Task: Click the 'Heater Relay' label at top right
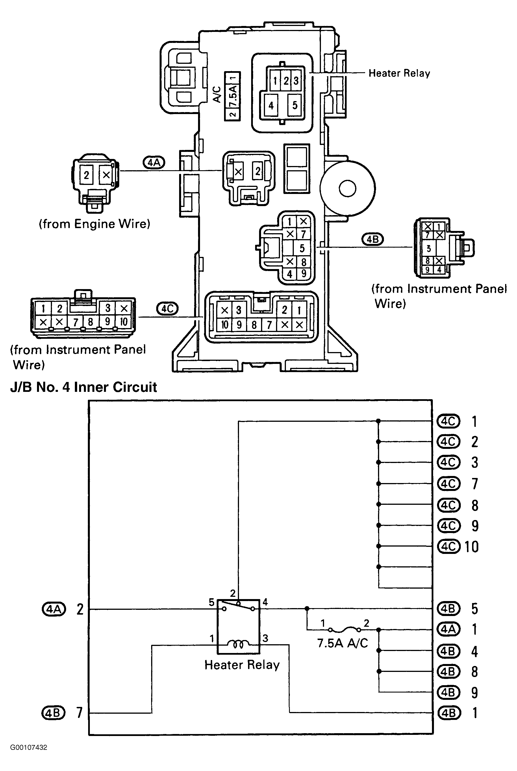(x=399, y=73)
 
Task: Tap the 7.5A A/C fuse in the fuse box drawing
(x=233, y=96)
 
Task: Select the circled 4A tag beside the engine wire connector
(x=154, y=162)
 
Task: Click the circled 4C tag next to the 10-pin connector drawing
(x=167, y=309)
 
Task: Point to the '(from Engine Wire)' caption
(x=95, y=224)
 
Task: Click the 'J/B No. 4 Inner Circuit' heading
(x=84, y=387)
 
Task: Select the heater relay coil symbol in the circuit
(x=239, y=643)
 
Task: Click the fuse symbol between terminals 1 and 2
(x=344, y=630)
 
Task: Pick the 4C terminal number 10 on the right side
(x=471, y=547)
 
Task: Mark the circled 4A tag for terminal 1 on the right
(x=448, y=629)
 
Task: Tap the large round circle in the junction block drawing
(x=347, y=189)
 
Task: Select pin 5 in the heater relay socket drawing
(x=295, y=105)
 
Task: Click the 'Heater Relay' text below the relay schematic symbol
(x=242, y=665)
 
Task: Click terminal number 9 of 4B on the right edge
(x=474, y=692)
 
